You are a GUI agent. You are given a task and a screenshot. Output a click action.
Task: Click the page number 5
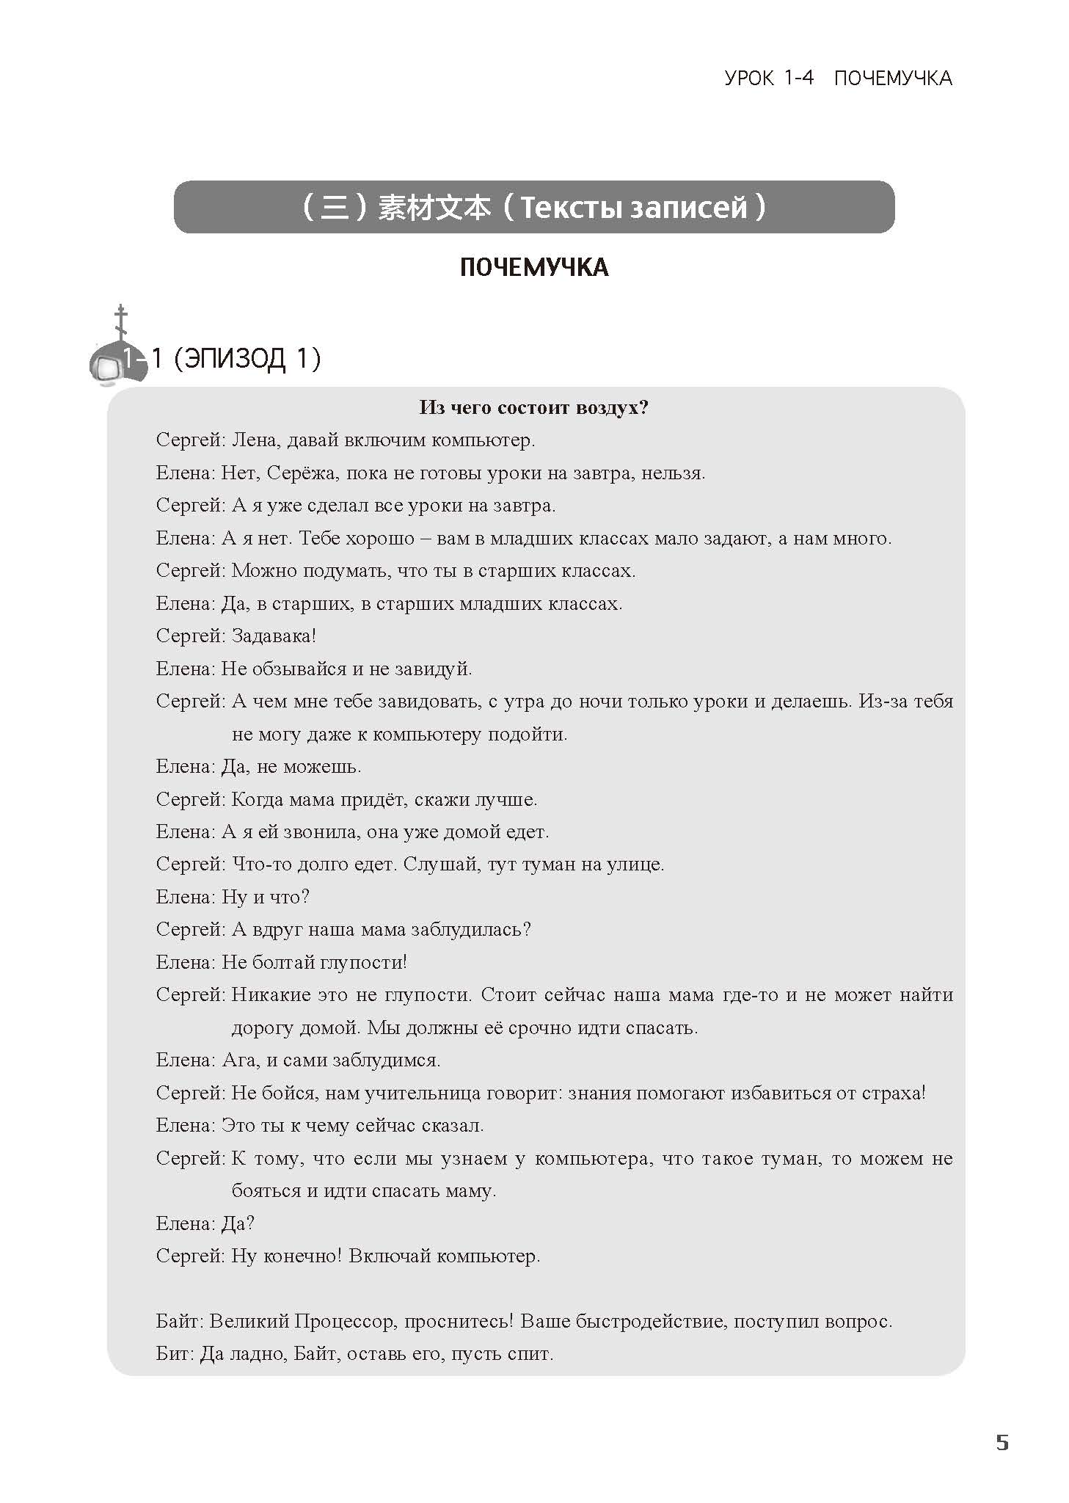tap(1001, 1442)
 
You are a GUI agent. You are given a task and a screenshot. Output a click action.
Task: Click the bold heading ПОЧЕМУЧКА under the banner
tap(534, 267)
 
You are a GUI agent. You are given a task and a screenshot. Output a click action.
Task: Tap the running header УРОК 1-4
tap(769, 78)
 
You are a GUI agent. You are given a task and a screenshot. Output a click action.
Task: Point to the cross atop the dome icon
tap(120, 321)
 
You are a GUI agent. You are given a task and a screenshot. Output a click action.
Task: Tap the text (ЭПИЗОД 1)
tap(248, 359)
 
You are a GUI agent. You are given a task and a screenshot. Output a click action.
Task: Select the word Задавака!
tap(274, 636)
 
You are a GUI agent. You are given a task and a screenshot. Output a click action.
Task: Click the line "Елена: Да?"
tap(205, 1224)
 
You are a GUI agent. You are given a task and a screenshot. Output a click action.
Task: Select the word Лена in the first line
tap(253, 440)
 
